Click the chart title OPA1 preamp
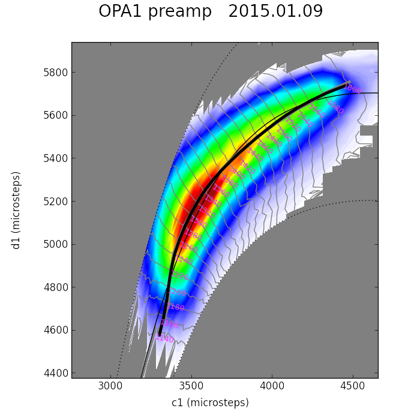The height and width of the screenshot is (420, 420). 155,12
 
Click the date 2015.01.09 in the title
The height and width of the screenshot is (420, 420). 275,12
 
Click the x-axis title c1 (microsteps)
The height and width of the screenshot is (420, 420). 210,403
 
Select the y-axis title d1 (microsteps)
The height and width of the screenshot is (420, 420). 16,210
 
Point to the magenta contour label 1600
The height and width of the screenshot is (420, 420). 352,90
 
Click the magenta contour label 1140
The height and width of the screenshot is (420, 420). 164,339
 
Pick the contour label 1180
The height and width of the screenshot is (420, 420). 175,307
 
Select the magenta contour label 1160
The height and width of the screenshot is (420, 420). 169,323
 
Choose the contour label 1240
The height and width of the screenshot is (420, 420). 184,260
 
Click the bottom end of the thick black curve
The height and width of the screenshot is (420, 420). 160,334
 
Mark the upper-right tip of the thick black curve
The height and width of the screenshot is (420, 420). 348,83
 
